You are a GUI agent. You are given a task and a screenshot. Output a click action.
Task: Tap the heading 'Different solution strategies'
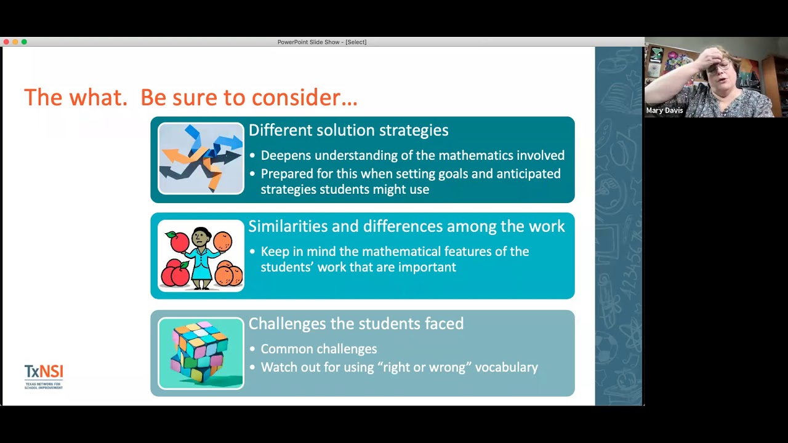pyautogui.click(x=348, y=130)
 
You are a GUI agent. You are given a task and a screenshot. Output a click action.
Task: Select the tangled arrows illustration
pyautogui.click(x=201, y=159)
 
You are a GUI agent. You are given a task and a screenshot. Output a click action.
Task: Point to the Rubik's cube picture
pyautogui.click(x=201, y=353)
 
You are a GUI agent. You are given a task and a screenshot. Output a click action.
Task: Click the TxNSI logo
pyautogui.click(x=44, y=376)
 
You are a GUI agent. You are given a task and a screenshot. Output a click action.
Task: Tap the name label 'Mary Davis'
pyautogui.click(x=664, y=111)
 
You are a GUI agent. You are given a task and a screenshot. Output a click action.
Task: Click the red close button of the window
pyautogui.click(x=6, y=42)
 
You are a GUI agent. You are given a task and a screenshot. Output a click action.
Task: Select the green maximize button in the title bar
pyautogui.click(x=24, y=42)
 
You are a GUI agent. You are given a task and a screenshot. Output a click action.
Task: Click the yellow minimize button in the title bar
pyautogui.click(x=15, y=42)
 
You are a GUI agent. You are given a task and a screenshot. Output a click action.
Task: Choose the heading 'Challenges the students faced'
pyautogui.click(x=356, y=324)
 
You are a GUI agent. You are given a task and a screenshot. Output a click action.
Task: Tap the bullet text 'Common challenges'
pyautogui.click(x=318, y=349)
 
